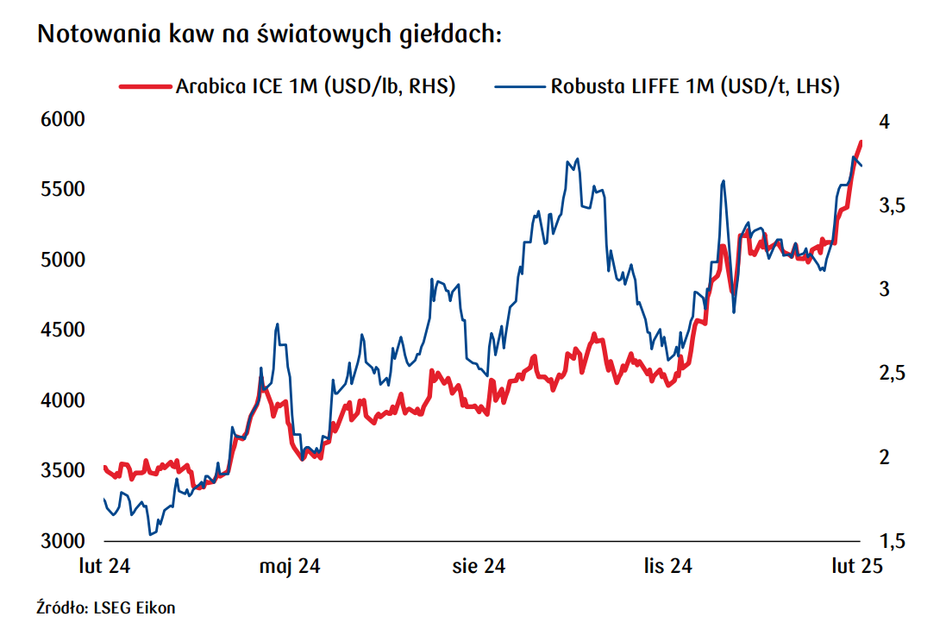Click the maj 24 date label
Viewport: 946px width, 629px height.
[290, 566]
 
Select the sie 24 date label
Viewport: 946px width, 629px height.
[479, 566]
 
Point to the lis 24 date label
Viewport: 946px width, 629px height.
[667, 566]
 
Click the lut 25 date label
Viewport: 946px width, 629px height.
[857, 566]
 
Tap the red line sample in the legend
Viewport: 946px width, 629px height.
[146, 86]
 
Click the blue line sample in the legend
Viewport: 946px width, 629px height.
[521, 86]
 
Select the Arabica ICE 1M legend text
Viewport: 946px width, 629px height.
[315, 86]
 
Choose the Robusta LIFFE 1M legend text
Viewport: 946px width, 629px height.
[695, 86]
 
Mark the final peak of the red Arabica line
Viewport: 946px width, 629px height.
[860, 142]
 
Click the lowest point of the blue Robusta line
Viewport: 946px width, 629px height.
[151, 535]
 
